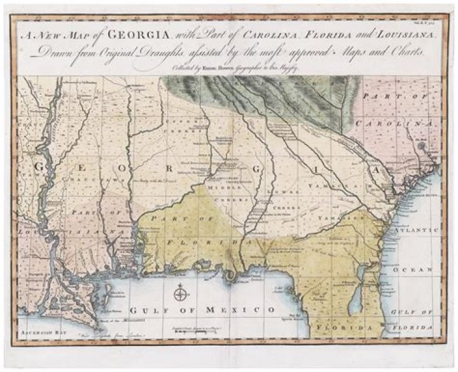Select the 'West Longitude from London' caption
point(101,333)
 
